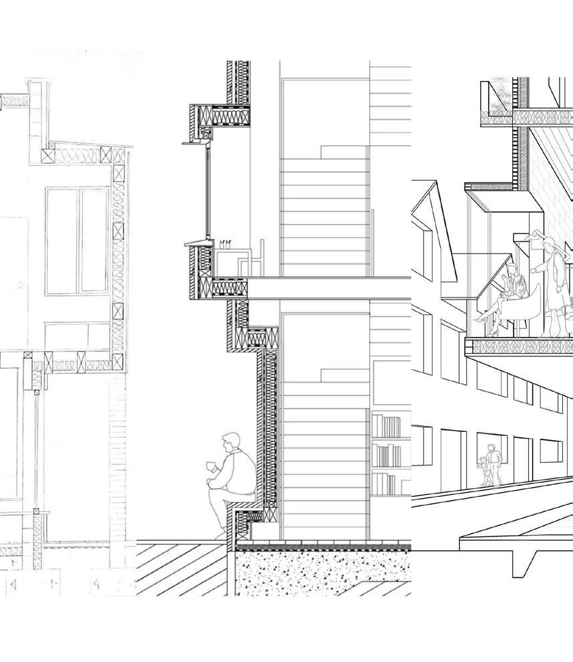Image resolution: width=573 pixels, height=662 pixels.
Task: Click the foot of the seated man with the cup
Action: click(220, 534)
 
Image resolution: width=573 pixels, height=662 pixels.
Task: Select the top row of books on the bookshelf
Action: click(387, 426)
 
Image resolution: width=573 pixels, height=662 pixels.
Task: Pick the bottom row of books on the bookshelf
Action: click(387, 483)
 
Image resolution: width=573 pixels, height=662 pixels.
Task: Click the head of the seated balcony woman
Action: click(512, 271)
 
